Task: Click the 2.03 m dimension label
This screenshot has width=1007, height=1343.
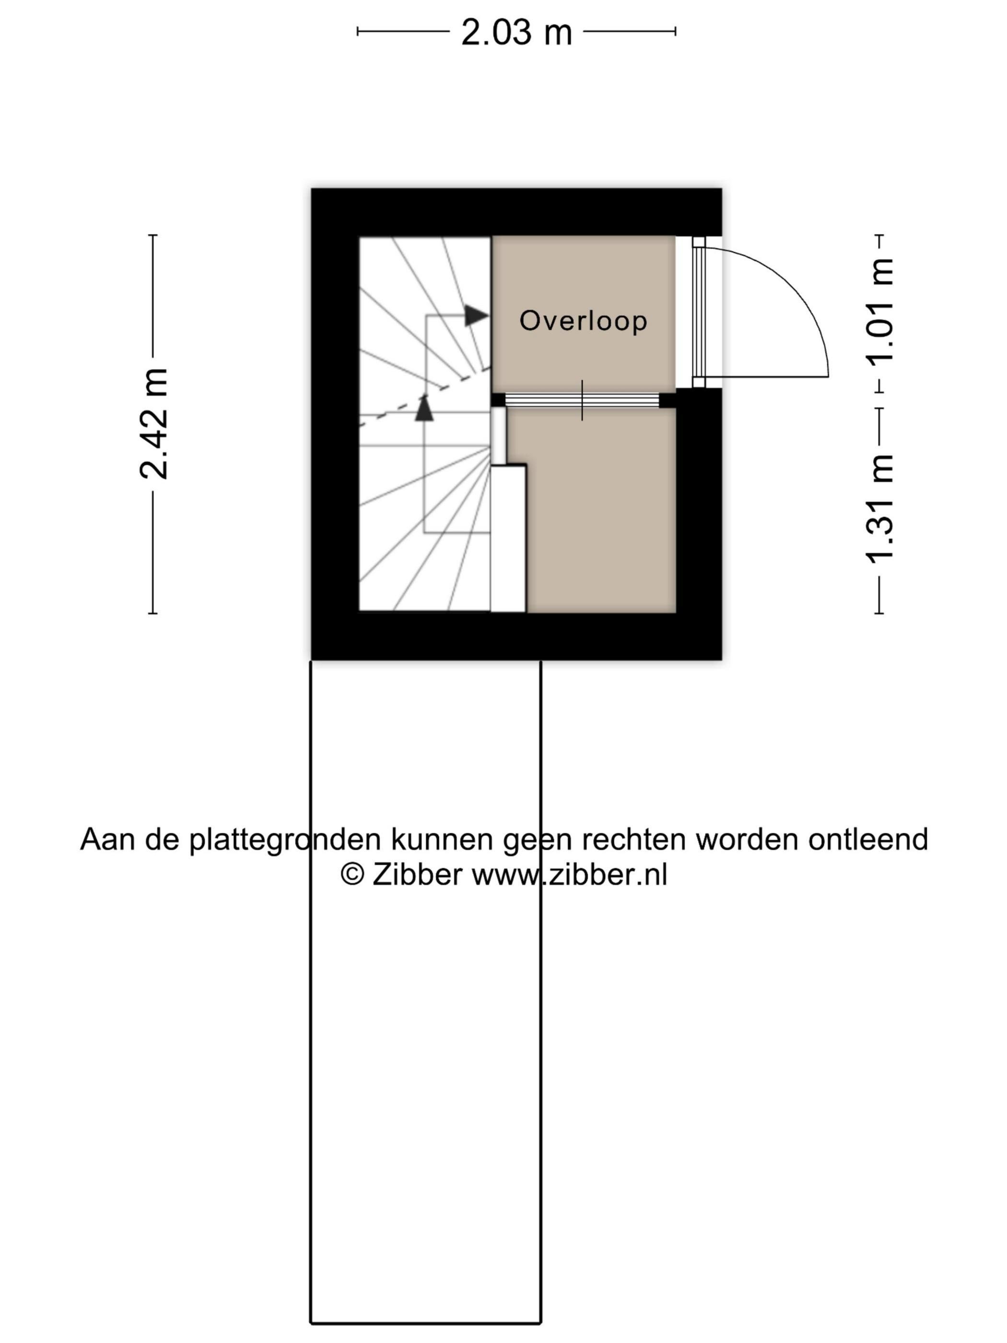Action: [516, 32]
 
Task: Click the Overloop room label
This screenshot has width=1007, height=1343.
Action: [583, 320]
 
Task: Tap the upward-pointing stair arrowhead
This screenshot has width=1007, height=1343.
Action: [424, 407]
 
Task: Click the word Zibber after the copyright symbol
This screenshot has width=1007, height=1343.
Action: [417, 875]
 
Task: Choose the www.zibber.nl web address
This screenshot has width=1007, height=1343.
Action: [569, 875]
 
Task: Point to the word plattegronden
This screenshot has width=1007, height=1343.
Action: [285, 840]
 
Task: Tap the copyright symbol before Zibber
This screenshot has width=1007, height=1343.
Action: [352, 875]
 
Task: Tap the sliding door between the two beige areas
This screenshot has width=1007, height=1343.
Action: [582, 400]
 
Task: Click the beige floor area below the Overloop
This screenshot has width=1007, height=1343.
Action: [601, 510]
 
